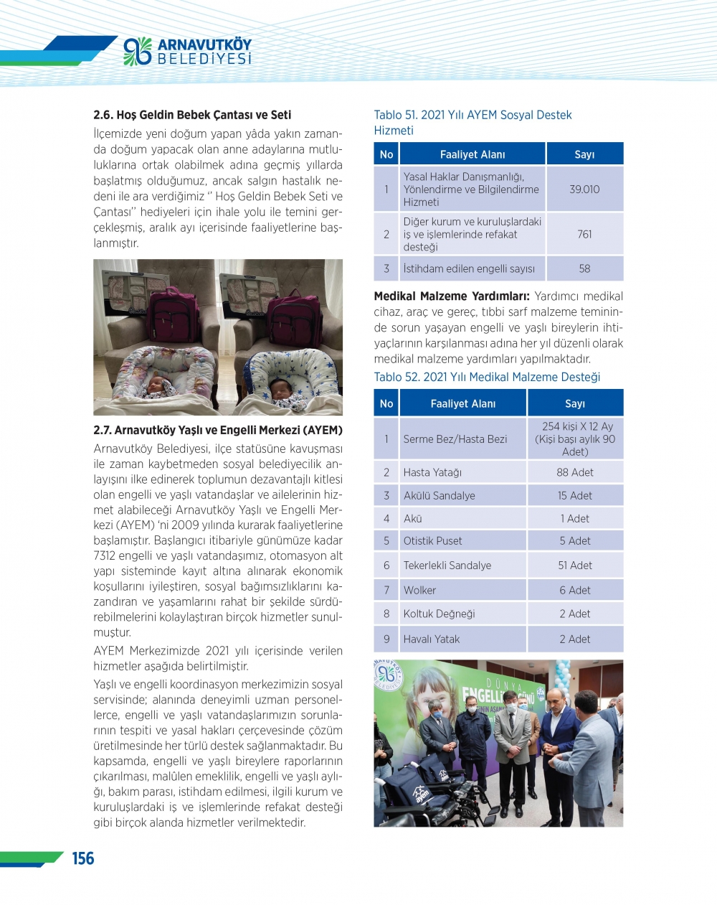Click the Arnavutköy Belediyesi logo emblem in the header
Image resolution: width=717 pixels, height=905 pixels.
click(x=138, y=51)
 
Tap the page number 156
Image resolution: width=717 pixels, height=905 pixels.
click(x=83, y=858)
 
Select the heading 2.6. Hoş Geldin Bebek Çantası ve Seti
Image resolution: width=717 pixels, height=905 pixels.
click(x=192, y=115)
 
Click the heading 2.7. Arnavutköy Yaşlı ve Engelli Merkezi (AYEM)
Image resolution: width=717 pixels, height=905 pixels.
click(x=218, y=431)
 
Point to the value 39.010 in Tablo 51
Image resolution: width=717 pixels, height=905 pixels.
click(x=584, y=189)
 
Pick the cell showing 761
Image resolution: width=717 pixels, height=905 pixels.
click(x=584, y=234)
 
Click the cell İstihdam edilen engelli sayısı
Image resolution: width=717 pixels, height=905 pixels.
click(x=469, y=268)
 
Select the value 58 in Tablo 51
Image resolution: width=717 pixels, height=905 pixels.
click(x=584, y=268)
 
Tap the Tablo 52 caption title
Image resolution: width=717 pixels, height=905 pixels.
click(x=487, y=378)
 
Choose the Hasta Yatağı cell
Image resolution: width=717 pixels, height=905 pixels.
click(x=432, y=472)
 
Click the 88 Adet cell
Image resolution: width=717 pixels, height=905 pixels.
click(x=575, y=472)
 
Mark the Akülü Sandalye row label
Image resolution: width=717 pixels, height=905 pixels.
click(x=439, y=495)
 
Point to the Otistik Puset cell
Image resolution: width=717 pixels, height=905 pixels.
click(x=432, y=540)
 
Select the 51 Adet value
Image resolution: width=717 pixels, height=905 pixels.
click(x=575, y=566)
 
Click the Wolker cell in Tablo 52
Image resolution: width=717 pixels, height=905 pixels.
click(x=419, y=590)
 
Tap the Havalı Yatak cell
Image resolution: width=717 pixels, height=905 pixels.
click(x=432, y=639)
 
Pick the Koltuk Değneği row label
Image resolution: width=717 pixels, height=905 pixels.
click(x=439, y=614)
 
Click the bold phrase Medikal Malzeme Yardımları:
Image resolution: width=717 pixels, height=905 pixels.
click(x=452, y=296)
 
